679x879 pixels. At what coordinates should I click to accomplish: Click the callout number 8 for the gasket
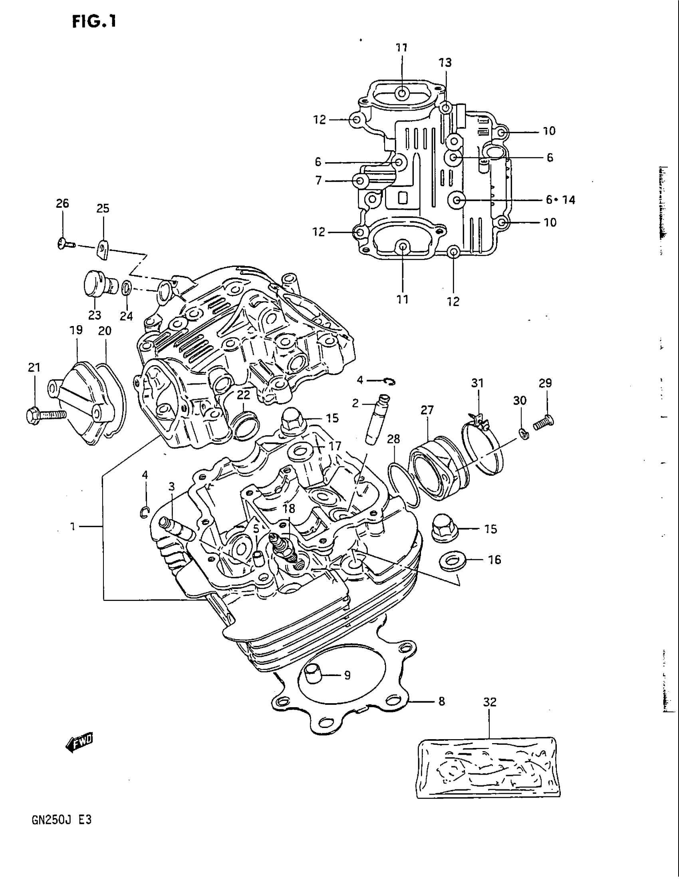pyautogui.click(x=442, y=702)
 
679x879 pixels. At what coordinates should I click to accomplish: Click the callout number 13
pyautogui.click(x=445, y=62)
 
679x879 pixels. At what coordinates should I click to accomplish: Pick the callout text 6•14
pyautogui.click(x=561, y=200)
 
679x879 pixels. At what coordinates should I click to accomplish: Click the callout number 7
pyautogui.click(x=319, y=181)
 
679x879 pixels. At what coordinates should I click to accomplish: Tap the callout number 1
pyautogui.click(x=73, y=526)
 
